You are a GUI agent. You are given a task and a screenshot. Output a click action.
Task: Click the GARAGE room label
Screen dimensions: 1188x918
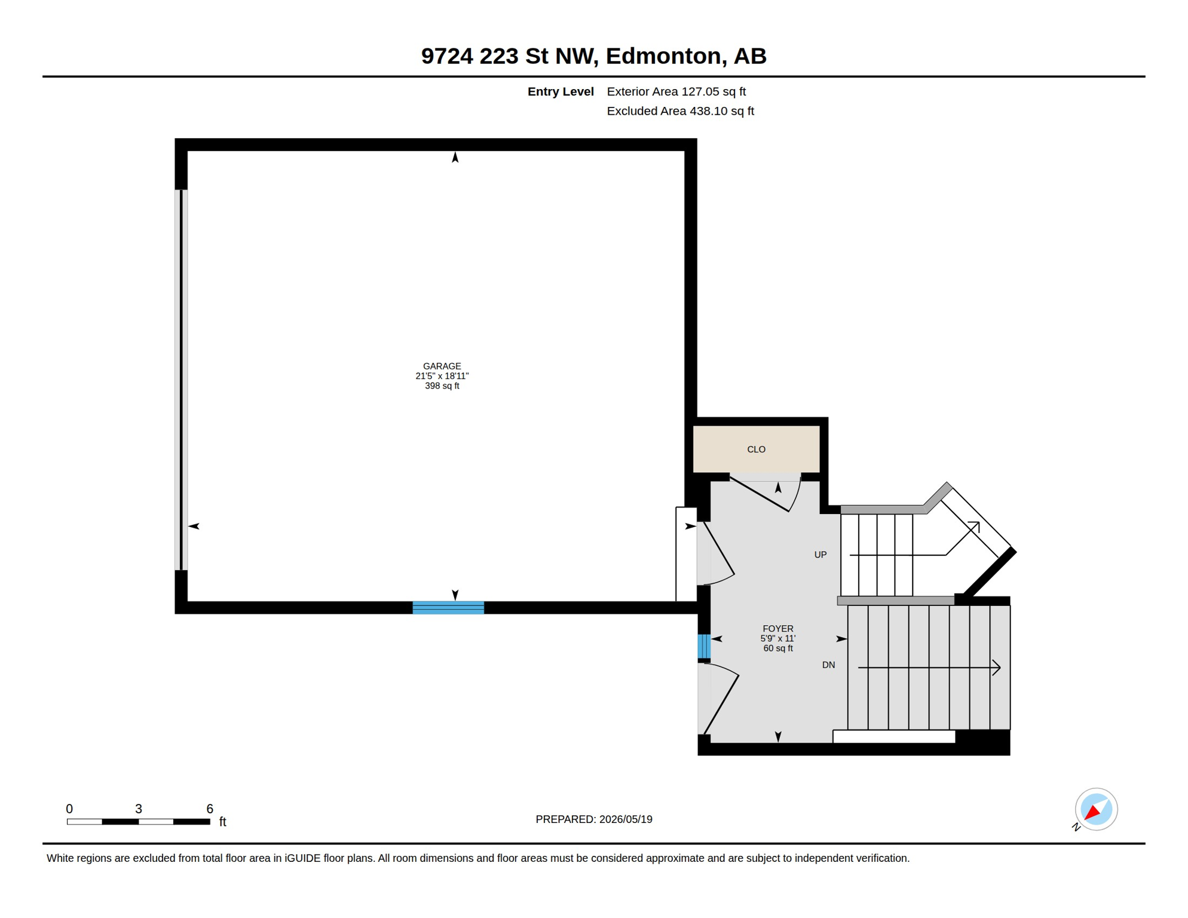[x=442, y=366]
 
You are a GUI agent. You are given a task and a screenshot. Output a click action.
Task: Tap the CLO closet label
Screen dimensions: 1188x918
[x=756, y=449]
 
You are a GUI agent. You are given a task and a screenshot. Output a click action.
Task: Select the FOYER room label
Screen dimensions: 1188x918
[x=777, y=629]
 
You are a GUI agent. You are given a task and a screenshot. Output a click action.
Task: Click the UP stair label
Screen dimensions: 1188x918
[x=820, y=555]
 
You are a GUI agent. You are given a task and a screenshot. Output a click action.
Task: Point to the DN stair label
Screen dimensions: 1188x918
[x=828, y=665]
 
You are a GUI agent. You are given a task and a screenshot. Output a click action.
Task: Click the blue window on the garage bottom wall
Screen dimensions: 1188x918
[x=448, y=608]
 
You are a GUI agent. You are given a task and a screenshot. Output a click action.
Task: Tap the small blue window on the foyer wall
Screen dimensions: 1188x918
[x=704, y=647]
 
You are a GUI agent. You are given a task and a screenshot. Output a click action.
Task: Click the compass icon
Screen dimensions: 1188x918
[x=1095, y=809]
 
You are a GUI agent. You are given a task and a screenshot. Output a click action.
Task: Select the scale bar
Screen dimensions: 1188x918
[x=138, y=822]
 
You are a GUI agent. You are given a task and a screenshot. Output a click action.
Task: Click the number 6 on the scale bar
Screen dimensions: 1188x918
[x=210, y=809]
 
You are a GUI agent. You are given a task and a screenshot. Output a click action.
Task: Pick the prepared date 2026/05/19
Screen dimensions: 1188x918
[x=626, y=819]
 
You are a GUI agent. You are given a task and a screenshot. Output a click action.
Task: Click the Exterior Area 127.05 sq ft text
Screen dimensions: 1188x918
[x=676, y=91]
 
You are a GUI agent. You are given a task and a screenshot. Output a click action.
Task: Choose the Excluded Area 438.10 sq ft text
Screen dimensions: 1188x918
[x=680, y=111]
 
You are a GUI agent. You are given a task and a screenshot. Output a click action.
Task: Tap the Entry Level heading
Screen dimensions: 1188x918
[x=561, y=91]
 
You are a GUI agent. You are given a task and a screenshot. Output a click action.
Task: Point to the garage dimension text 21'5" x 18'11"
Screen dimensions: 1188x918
[x=442, y=376]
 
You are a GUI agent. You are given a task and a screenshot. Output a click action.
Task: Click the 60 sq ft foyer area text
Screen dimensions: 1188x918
[x=777, y=648]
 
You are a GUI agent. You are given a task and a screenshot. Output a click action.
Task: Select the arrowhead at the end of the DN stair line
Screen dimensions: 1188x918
[x=996, y=668]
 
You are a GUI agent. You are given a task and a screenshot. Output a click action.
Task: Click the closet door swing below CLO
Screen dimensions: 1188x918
[x=766, y=494]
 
